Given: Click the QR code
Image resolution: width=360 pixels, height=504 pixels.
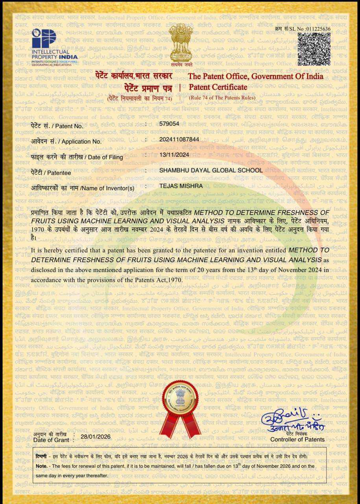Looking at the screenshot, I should point(314,48).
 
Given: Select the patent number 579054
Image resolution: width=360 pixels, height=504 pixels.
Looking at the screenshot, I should point(169,124).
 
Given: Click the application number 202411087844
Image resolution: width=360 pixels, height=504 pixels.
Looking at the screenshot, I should point(179,139).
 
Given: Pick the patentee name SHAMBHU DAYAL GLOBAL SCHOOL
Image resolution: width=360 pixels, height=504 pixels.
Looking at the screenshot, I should point(210,170).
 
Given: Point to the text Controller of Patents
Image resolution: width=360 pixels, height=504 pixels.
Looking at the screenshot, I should point(297,439).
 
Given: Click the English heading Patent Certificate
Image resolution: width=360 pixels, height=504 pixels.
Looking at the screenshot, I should point(218,87).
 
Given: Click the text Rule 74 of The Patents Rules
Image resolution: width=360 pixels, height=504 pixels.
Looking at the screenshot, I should point(222,98).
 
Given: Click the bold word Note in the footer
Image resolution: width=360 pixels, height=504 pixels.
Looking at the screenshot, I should point(41,466).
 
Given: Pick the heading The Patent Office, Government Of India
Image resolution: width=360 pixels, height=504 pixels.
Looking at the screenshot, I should point(255,76).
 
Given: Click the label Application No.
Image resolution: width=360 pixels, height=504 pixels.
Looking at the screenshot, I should point(81,141).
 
